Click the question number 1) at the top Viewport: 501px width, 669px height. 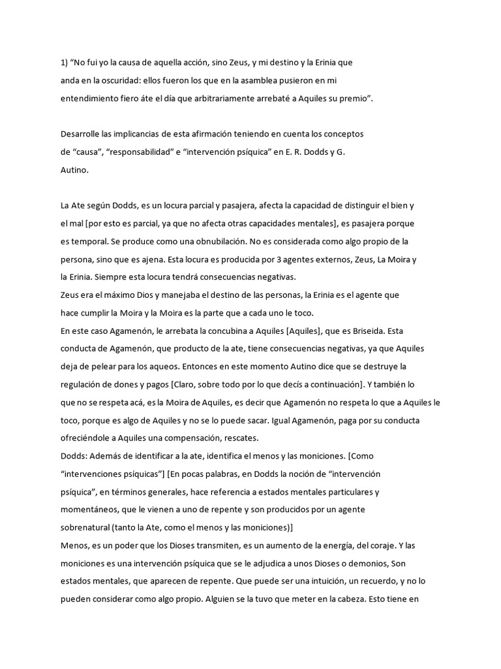click(x=63, y=63)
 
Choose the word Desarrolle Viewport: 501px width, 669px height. click(x=82, y=133)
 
